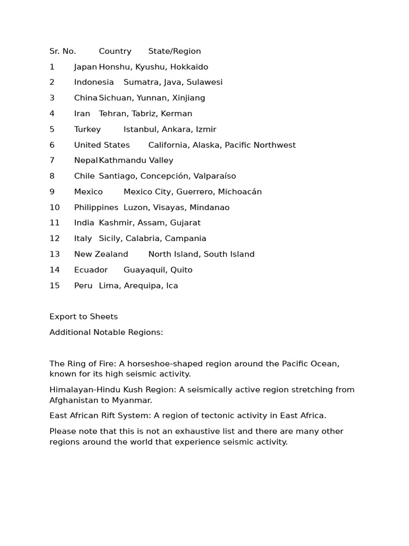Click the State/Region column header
point(175,51)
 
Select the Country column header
point(115,51)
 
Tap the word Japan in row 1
point(85,67)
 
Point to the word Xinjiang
point(189,98)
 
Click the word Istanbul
point(141,129)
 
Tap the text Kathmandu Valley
point(136,160)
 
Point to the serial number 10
point(55,207)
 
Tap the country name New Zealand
point(101,254)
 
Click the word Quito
point(182,270)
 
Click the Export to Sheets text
point(84,317)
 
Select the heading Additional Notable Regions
point(107,332)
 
